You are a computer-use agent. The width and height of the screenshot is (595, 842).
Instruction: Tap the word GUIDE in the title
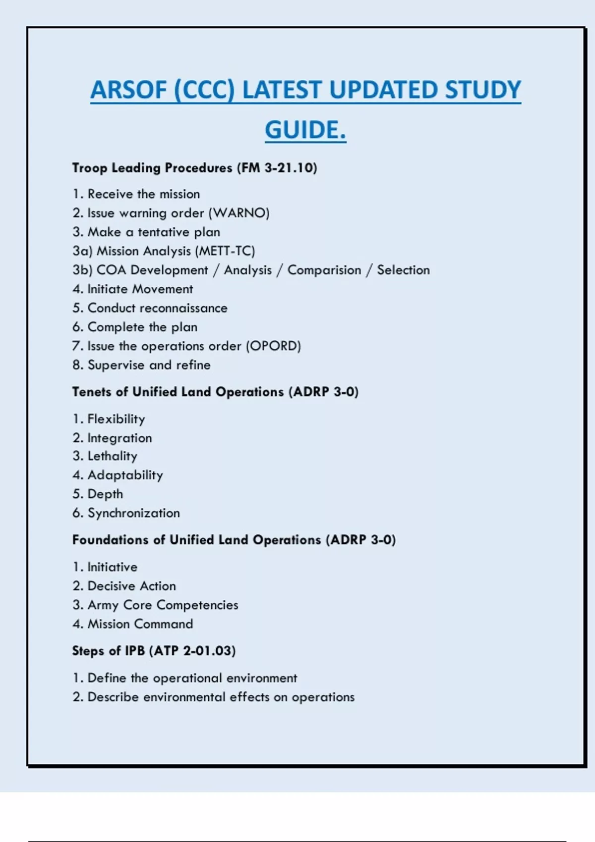pyautogui.click(x=302, y=130)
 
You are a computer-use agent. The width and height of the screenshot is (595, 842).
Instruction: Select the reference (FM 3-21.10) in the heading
pyautogui.click(x=277, y=168)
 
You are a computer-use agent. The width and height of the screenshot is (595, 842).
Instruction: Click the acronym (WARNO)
pyautogui.click(x=239, y=213)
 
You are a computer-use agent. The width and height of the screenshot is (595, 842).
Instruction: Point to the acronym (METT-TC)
pyautogui.click(x=226, y=251)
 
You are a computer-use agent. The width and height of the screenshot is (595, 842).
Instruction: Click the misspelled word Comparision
pyautogui.click(x=324, y=270)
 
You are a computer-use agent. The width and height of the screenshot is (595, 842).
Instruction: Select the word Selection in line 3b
pyautogui.click(x=403, y=270)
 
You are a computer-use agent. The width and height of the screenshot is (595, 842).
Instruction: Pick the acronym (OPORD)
pyautogui.click(x=273, y=346)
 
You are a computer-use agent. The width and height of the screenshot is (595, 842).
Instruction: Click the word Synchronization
pyautogui.click(x=133, y=513)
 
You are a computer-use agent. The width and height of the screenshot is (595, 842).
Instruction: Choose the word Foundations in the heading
pyautogui.click(x=110, y=540)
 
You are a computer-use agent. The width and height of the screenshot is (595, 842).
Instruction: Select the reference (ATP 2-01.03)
pyautogui.click(x=192, y=651)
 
